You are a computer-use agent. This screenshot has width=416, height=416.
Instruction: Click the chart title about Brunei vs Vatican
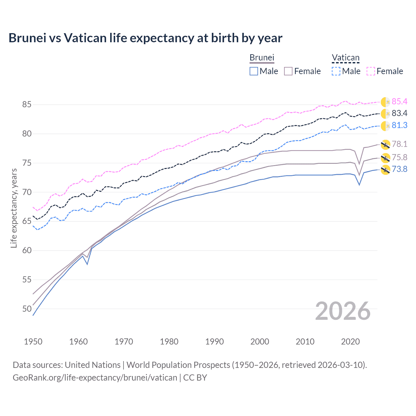(145, 38)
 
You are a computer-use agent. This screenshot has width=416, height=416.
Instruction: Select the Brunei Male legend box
(254, 71)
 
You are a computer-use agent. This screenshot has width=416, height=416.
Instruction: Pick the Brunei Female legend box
(288, 71)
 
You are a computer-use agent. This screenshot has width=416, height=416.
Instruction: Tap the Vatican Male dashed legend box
(336, 71)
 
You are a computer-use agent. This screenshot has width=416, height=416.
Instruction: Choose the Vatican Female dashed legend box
(371, 71)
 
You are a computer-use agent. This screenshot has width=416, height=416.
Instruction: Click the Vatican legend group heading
(345, 58)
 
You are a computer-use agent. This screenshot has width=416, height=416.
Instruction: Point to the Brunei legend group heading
(262, 58)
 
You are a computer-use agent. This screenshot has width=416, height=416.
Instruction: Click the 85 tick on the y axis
(27, 105)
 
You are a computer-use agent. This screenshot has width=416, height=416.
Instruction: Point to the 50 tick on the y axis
(27, 309)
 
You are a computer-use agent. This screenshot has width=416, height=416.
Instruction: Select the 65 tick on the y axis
(27, 221)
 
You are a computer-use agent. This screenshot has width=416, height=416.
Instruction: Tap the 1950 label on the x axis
(33, 342)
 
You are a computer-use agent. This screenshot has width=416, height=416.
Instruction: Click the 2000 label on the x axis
(260, 342)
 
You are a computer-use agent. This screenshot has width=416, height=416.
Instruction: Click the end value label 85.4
(399, 102)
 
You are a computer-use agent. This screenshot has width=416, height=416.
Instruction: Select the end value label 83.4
(399, 113)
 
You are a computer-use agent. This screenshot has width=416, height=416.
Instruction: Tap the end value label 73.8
(399, 169)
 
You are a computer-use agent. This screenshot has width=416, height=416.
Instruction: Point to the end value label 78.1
(399, 144)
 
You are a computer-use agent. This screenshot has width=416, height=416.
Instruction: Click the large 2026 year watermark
(343, 311)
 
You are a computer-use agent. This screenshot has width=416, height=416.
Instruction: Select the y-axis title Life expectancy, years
(14, 208)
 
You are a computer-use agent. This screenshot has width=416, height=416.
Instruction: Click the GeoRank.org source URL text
(95, 378)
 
